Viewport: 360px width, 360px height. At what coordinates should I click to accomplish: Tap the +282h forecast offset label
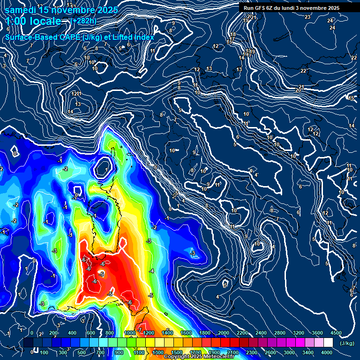[x=83, y=21]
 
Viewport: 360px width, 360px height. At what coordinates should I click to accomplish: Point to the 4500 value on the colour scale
[x=336, y=333]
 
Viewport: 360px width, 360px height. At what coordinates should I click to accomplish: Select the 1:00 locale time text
[x=34, y=21]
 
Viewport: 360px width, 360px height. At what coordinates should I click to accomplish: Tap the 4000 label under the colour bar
[x=327, y=352]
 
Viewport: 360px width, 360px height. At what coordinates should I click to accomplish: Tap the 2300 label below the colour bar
[x=252, y=352]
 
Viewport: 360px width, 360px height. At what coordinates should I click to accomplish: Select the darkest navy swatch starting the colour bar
[x=28, y=343]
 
